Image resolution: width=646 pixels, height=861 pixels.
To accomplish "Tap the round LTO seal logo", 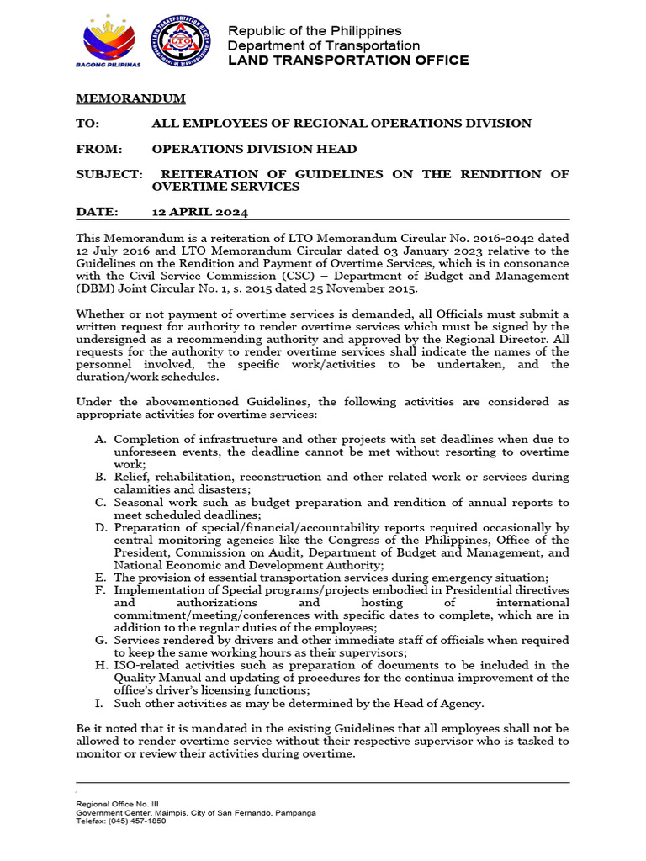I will [181, 41].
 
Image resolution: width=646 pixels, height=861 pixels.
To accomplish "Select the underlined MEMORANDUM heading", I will [130, 98].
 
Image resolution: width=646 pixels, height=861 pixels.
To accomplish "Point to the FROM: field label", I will [98, 149].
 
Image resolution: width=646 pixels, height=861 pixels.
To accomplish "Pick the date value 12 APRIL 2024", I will [199, 212].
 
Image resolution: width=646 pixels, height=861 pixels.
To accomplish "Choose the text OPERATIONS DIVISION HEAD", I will [254, 149].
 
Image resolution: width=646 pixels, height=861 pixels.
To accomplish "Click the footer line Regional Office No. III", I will [112, 805].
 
